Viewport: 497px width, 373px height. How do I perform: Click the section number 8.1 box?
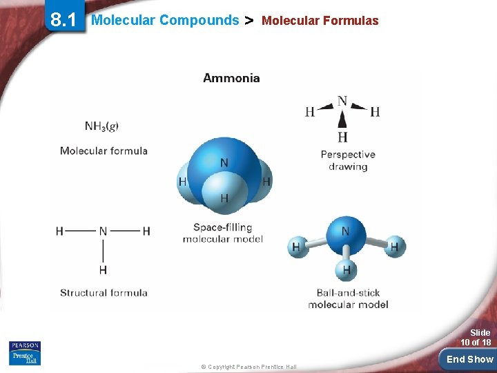coord(63,19)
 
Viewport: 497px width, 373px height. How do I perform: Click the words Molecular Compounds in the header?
coord(165,20)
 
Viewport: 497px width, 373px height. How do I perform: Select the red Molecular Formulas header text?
coord(320,21)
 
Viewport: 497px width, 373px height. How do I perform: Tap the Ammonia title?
coord(231,78)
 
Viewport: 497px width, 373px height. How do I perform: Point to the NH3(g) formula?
coord(101,126)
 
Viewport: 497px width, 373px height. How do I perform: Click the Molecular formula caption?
coord(104,151)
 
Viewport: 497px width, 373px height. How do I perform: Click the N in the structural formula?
coord(103,231)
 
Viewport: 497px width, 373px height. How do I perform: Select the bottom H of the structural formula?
coord(103,269)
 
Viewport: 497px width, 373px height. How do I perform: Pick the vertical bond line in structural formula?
coord(103,250)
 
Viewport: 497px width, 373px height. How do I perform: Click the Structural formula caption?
coord(104,293)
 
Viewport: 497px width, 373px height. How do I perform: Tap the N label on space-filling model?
coord(224,163)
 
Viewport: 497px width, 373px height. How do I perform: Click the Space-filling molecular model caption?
coord(222,233)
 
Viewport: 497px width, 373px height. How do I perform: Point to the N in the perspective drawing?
coord(342,102)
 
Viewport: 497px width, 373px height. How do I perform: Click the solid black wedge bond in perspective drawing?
coord(342,119)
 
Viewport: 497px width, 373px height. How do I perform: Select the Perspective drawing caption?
coord(348,160)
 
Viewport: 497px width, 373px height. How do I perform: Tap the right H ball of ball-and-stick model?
coord(395,246)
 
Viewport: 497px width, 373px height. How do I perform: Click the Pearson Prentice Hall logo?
coord(25,352)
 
